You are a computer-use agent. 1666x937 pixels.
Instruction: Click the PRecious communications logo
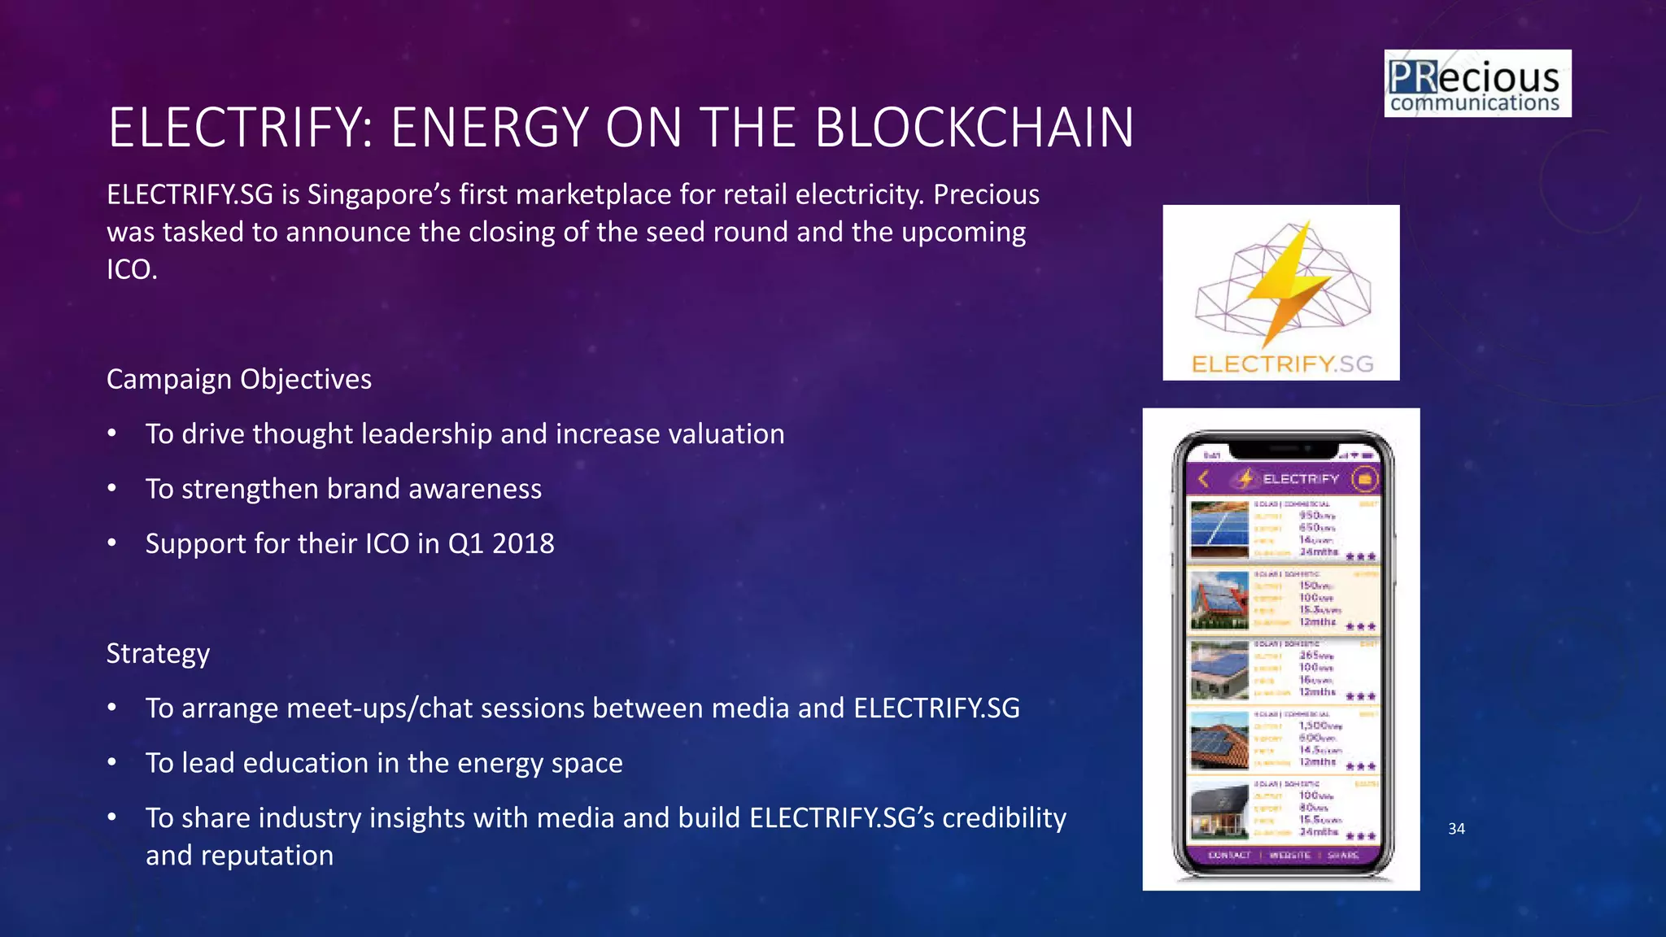(1477, 84)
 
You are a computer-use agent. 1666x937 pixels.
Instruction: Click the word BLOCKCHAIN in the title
(974, 128)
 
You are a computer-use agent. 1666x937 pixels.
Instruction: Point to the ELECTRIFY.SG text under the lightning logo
(1282, 364)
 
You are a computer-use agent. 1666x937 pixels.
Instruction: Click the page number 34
(1456, 829)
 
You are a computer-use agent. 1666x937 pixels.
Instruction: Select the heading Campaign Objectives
(239, 379)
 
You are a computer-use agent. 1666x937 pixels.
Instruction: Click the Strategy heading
(158, 653)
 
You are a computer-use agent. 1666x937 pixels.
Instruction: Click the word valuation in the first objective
(726, 434)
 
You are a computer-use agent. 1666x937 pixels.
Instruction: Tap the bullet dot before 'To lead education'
(112, 763)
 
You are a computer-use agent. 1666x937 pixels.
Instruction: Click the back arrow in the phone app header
(1204, 479)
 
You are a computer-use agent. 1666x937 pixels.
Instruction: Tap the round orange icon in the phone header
(1365, 479)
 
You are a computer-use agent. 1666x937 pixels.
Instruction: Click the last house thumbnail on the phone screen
(1219, 812)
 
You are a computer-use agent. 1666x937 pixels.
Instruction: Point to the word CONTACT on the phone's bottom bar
(1229, 855)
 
